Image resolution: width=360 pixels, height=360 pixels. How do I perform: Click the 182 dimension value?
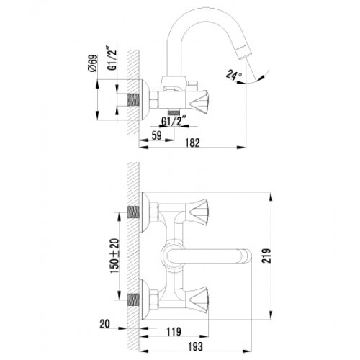click(x=192, y=143)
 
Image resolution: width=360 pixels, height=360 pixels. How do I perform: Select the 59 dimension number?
click(x=157, y=135)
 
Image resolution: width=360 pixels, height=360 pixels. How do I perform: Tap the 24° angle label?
click(x=233, y=75)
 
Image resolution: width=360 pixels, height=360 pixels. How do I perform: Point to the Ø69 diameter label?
click(x=93, y=63)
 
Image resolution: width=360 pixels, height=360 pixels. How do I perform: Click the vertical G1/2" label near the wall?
click(x=112, y=59)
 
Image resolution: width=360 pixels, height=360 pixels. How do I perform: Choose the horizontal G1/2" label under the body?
click(x=174, y=121)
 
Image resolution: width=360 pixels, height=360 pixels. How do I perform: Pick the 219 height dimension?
click(x=266, y=256)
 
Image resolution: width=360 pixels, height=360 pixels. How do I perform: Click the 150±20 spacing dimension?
click(x=114, y=256)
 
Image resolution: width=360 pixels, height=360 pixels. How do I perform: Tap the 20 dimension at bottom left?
click(x=104, y=324)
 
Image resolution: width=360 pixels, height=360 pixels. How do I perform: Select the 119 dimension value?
click(x=174, y=332)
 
